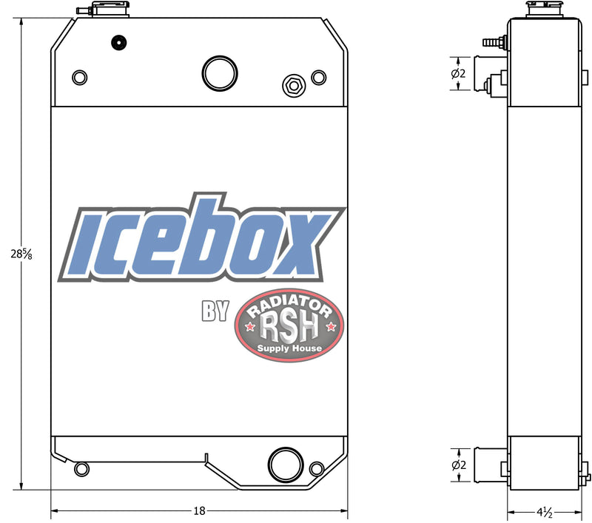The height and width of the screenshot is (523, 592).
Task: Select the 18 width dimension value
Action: [199, 510]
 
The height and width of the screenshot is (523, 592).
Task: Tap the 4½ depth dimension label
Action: [546, 510]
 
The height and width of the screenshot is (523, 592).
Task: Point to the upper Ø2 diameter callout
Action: [458, 73]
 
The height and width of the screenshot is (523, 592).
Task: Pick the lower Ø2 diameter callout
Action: [458, 465]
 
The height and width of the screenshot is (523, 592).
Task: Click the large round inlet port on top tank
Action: [220, 72]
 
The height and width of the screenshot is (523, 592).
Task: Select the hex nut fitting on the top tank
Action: [293, 85]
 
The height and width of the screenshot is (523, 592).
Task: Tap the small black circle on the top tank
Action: [116, 42]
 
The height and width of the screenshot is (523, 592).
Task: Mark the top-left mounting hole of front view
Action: [79, 76]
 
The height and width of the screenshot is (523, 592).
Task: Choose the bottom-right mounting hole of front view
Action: [317, 468]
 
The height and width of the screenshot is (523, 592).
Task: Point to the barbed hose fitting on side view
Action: [493, 42]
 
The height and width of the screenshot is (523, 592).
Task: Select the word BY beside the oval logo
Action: [215, 311]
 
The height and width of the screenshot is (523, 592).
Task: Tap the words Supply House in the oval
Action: [289, 348]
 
